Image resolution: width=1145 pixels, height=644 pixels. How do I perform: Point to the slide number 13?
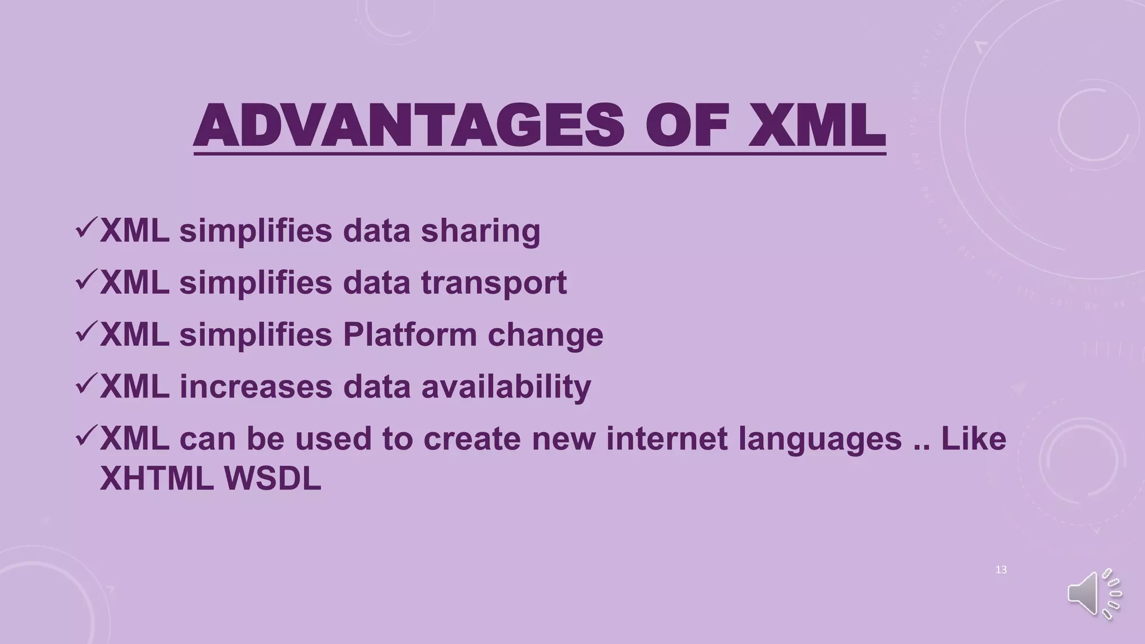click(x=1001, y=570)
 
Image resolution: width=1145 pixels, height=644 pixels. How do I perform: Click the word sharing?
click(x=480, y=230)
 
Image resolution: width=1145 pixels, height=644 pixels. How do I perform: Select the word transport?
click(x=494, y=282)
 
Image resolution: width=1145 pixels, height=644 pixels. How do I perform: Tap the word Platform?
click(x=410, y=334)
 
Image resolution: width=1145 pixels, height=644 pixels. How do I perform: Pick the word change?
click(x=545, y=334)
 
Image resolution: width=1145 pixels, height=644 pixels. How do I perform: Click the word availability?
click(x=506, y=386)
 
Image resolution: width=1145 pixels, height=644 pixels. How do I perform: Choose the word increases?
click(x=256, y=386)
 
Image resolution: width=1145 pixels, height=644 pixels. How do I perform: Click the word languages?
click(x=820, y=439)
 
